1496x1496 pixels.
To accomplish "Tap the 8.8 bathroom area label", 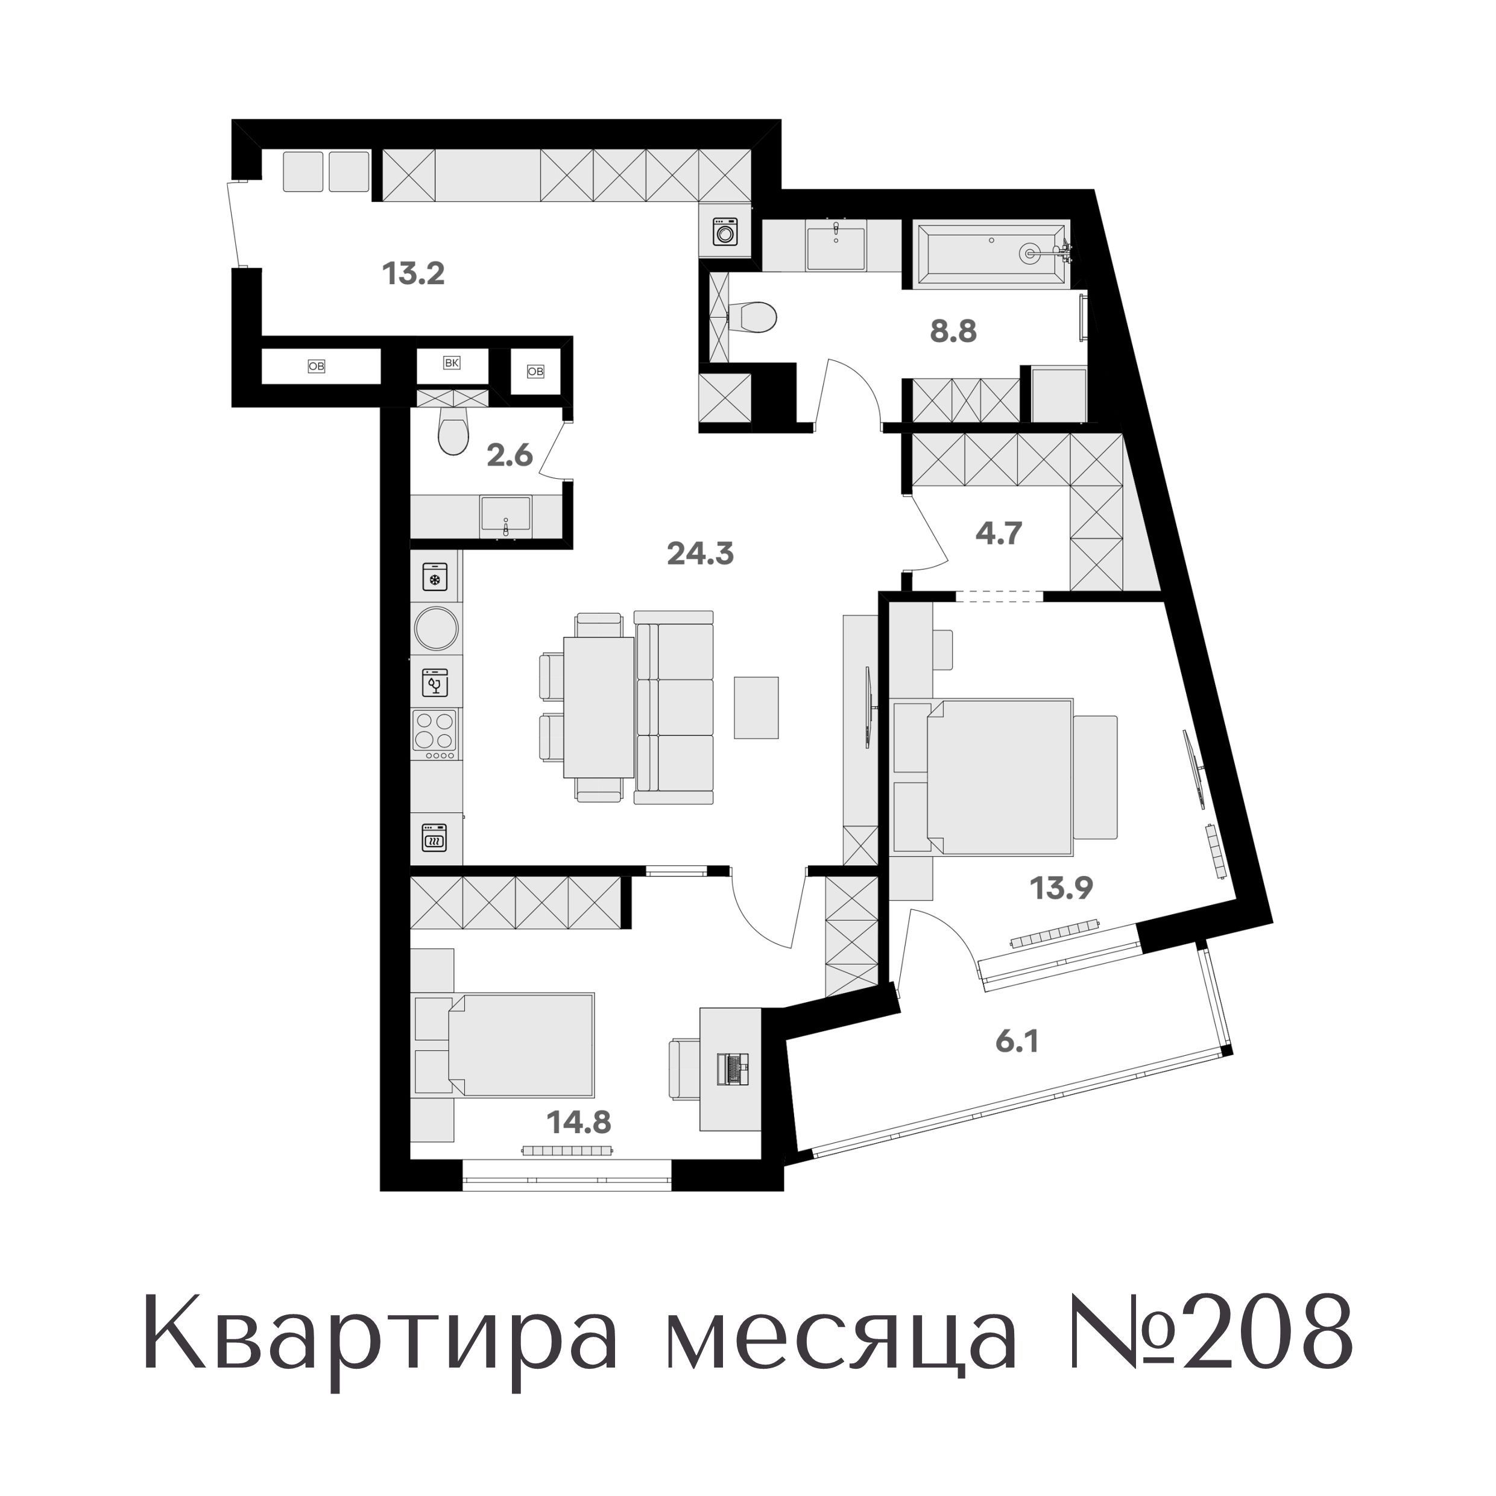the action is pos(953,332).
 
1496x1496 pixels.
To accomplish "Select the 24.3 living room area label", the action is pos(700,554).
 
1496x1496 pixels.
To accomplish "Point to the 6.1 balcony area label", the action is pos(1017,1041).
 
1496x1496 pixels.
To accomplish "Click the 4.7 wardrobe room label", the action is pos(999,534).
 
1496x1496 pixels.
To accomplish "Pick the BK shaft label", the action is pos(452,362).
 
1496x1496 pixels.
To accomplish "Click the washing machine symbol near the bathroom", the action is pos(725,232).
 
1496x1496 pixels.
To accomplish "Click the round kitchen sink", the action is pos(436,628).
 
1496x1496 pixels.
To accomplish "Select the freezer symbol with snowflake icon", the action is pos(434,578).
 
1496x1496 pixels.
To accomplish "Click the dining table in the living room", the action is pos(599,706).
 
